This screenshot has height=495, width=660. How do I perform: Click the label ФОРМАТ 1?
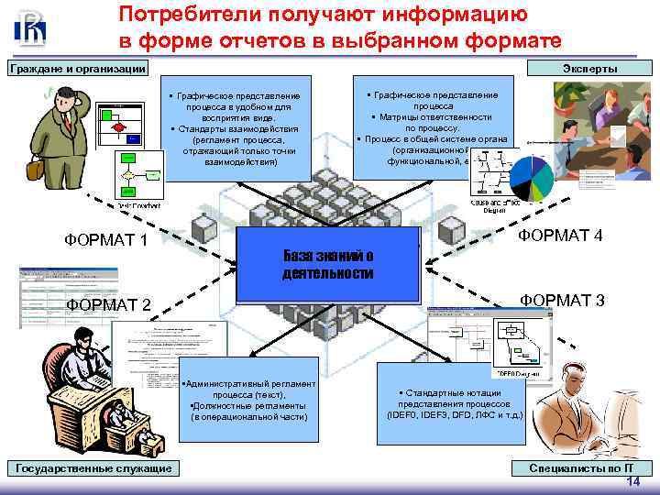pyautogui.click(x=106, y=240)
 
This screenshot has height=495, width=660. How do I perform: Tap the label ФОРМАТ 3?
pyautogui.click(x=562, y=300)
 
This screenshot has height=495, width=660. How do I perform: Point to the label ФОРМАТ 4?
pyautogui.click(x=560, y=236)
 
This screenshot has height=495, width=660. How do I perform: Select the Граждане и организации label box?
pyautogui.click(x=77, y=68)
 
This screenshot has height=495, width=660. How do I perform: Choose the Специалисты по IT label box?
pyautogui.click(x=580, y=468)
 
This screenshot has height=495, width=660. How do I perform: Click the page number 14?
pyautogui.click(x=632, y=481)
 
